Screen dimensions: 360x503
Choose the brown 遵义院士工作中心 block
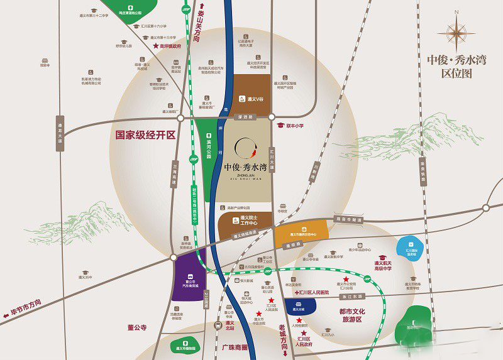(245, 222)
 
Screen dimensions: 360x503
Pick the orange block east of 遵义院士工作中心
(301, 233)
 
